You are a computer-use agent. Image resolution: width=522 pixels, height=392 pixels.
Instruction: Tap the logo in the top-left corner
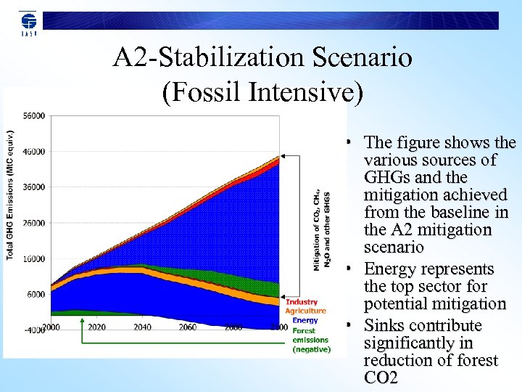click(x=28, y=23)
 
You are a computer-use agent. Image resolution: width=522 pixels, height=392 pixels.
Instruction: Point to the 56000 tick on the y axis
click(x=33, y=115)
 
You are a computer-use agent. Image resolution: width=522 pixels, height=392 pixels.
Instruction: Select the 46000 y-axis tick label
click(x=33, y=152)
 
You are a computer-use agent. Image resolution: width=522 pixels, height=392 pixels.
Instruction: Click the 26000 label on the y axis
click(x=33, y=223)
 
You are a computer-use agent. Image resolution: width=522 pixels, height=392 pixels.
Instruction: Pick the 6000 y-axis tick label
click(x=36, y=294)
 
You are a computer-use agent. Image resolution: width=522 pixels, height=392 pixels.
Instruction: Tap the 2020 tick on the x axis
click(x=96, y=327)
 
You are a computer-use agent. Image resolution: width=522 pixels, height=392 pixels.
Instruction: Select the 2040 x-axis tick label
click(x=142, y=327)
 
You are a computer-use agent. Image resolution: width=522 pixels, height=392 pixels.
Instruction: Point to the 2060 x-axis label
click(x=188, y=327)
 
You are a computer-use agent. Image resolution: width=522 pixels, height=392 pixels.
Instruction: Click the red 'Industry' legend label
click(x=302, y=302)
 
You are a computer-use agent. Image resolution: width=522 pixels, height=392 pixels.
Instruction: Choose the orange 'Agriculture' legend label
click(x=306, y=311)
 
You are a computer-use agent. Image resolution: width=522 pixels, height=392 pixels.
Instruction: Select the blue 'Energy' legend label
click(x=304, y=320)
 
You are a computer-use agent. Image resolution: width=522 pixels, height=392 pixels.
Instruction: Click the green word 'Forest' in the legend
click(x=304, y=330)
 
